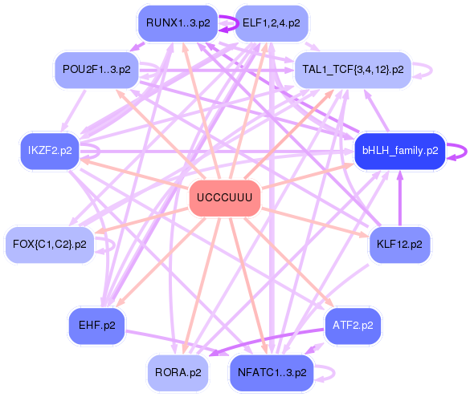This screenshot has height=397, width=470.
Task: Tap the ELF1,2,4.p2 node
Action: coord(271,23)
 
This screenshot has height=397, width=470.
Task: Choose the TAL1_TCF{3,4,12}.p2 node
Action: coord(353,70)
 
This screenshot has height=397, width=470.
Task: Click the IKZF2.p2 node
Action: coord(49,150)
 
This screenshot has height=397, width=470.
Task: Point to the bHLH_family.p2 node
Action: coord(399,150)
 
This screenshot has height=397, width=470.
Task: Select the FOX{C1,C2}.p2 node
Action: coord(49,244)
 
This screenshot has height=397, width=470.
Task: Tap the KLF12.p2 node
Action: coord(398,244)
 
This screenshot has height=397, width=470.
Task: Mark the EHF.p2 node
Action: coord(96,325)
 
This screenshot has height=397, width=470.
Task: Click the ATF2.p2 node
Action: coord(353,325)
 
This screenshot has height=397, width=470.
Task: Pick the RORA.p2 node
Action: coord(176,372)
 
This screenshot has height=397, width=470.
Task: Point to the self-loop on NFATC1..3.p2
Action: coord(327,372)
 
